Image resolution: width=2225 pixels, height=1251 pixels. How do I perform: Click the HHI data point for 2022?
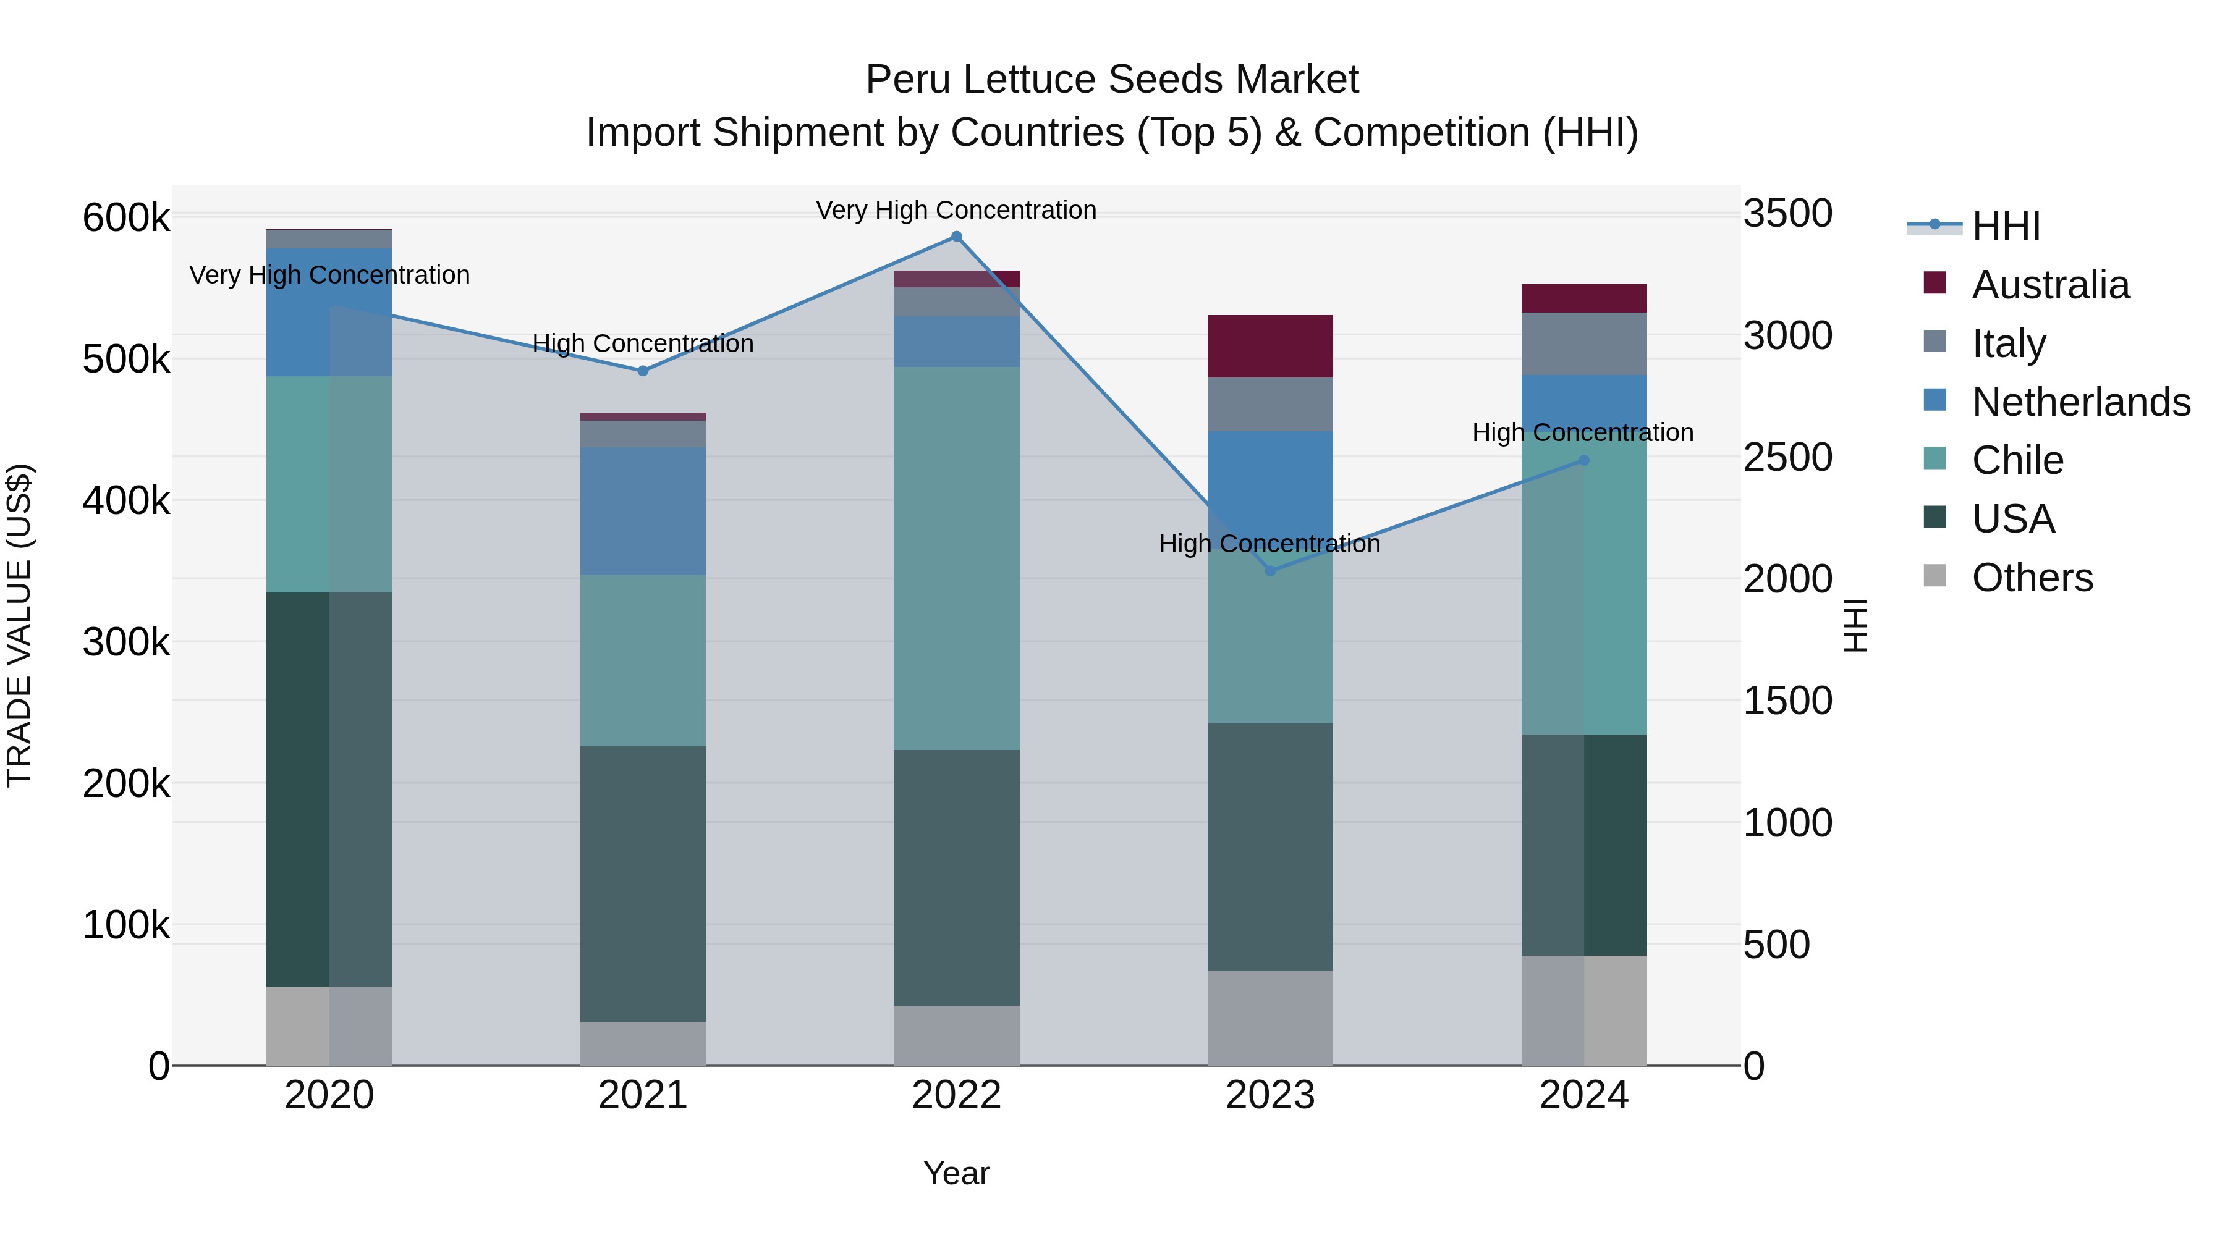coord(956,237)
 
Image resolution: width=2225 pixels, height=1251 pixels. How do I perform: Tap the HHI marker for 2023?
coord(1269,571)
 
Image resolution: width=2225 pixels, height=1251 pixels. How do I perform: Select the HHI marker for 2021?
coord(643,371)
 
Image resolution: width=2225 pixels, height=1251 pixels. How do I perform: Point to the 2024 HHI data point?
coord(1583,460)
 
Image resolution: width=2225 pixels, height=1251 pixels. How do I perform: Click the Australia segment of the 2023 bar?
coord(1269,346)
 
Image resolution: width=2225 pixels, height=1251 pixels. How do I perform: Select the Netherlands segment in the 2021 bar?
coord(643,511)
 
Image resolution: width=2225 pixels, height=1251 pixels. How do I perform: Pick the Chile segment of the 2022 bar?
coord(956,558)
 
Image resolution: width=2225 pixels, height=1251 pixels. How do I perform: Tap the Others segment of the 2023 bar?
coord(1269,1018)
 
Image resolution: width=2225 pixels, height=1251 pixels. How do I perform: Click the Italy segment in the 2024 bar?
coord(1583,343)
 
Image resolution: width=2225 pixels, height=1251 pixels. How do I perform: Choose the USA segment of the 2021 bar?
coord(643,883)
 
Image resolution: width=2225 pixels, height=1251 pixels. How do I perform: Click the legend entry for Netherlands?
coord(2080,402)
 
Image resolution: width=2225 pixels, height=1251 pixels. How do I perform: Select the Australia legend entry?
coord(2049,285)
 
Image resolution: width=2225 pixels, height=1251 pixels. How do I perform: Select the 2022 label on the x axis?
coord(956,1095)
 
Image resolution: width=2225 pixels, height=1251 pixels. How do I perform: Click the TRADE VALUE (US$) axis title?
coord(20,625)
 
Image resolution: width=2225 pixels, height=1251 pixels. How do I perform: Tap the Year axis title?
coord(956,1173)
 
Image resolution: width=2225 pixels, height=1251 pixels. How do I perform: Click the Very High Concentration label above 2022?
coord(956,210)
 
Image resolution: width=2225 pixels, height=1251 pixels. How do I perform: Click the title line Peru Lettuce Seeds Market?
coord(1112,80)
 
